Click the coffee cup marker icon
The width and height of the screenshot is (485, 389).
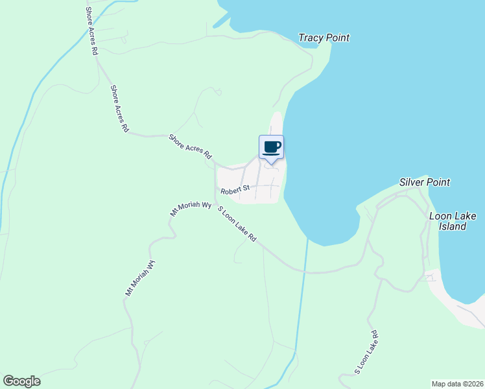click(x=271, y=147)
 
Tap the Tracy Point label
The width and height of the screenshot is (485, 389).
click(x=324, y=38)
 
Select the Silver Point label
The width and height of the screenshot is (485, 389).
click(x=425, y=182)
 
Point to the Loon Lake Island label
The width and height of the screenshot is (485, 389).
click(x=448, y=221)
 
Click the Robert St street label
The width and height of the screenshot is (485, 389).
click(x=235, y=191)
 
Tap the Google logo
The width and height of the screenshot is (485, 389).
click(x=21, y=381)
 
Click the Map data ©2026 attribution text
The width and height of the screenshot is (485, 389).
click(x=457, y=383)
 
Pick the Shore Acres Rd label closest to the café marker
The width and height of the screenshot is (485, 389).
click(x=191, y=147)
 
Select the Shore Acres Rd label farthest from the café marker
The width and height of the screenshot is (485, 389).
click(x=91, y=31)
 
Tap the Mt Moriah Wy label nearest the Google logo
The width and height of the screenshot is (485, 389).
click(x=140, y=278)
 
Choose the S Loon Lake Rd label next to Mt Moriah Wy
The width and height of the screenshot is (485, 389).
click(x=237, y=224)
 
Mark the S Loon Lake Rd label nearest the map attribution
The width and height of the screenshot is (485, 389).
click(x=366, y=353)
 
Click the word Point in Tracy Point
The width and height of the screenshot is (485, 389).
click(x=337, y=38)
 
